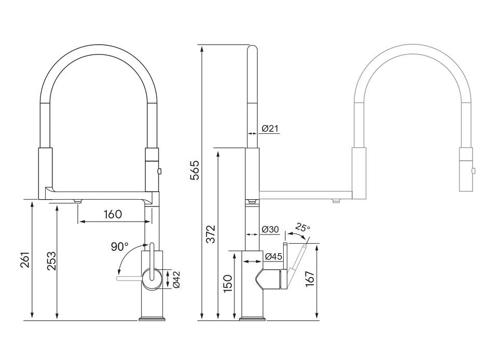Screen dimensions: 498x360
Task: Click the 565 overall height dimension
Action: click(x=195, y=170)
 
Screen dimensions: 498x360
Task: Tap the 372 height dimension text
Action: click(x=211, y=234)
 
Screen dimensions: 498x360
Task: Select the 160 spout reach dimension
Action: click(x=113, y=214)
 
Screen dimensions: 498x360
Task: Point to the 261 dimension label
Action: click(x=25, y=259)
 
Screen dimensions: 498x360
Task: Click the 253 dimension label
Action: click(x=51, y=260)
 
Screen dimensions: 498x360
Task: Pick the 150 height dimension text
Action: click(x=228, y=284)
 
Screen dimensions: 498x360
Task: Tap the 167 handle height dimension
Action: click(x=310, y=279)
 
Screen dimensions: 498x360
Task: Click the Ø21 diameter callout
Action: click(x=270, y=129)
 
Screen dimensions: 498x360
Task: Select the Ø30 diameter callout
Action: click(x=270, y=229)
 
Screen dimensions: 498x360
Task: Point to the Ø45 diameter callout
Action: click(x=273, y=256)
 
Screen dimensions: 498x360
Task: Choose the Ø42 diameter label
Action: click(x=176, y=280)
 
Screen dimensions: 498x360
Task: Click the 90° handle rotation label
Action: click(x=120, y=247)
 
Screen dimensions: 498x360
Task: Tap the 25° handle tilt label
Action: click(x=302, y=228)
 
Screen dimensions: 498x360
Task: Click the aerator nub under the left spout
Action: click(x=78, y=201)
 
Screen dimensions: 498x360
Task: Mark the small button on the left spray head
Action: click(x=160, y=171)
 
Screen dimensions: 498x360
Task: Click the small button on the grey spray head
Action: click(x=474, y=171)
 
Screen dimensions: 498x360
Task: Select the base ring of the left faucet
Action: click(x=152, y=319)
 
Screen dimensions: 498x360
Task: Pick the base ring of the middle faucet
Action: click(x=253, y=319)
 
